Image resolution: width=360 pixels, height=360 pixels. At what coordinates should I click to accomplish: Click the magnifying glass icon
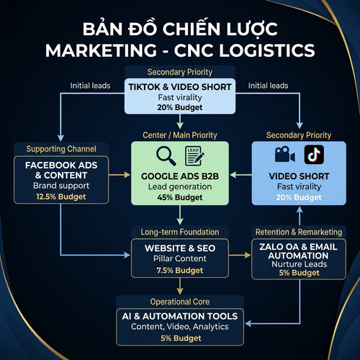166,156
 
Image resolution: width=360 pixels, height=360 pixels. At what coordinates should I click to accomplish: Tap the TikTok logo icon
314,155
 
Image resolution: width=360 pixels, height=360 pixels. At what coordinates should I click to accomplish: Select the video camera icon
284,154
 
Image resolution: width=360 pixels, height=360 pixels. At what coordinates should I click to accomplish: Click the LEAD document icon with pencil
194,156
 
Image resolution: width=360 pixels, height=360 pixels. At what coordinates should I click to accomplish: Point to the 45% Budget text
180,197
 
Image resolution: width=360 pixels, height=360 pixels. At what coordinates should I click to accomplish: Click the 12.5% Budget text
61,197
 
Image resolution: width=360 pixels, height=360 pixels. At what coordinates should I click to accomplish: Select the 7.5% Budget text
180,271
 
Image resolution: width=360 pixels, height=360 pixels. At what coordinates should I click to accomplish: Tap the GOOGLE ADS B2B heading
180,176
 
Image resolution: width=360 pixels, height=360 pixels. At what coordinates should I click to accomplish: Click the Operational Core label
180,302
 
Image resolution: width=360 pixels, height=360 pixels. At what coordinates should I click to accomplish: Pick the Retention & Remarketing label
299,232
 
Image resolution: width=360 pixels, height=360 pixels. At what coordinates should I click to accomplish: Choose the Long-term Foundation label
180,232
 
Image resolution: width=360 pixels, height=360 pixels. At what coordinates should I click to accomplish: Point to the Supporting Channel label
61,149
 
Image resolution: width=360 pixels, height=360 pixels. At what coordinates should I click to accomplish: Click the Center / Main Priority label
180,135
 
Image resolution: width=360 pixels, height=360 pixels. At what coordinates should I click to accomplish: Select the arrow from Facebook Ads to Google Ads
120,175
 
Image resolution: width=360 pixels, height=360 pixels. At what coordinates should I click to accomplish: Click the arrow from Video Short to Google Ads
240,175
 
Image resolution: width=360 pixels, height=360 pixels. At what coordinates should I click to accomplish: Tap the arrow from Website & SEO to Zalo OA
240,255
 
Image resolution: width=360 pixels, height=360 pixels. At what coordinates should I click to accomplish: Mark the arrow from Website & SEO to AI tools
180,287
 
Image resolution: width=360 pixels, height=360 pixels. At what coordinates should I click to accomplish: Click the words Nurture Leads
299,264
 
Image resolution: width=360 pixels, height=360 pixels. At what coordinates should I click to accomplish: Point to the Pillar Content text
180,258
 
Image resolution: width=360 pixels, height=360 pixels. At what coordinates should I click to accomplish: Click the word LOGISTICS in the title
267,50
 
